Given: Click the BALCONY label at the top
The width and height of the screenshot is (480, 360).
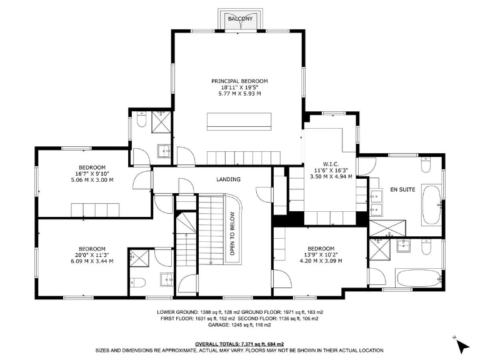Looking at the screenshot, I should pos(240,19).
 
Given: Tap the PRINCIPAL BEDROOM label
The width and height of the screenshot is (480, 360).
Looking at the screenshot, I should pos(239,81).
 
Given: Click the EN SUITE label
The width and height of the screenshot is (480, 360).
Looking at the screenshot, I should pos(402,189).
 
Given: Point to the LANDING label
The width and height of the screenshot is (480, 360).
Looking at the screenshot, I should pos(228,179).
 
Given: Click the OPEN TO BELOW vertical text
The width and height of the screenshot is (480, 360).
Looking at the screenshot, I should pos(232,231).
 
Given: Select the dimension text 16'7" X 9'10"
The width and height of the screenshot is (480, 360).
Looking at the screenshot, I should pos(92,174).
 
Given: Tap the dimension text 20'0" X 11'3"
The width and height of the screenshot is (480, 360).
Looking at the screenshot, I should pos(92,254).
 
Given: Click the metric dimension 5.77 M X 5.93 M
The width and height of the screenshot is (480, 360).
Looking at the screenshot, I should pos(239,94).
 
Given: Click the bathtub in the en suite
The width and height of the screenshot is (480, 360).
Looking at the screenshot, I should pos(431,205).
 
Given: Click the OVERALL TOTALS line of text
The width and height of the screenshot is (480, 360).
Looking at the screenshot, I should pos(239,344).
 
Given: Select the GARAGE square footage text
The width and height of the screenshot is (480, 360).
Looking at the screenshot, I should pos(239,326).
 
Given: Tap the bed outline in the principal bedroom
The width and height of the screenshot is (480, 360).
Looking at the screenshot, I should pos(239,121).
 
